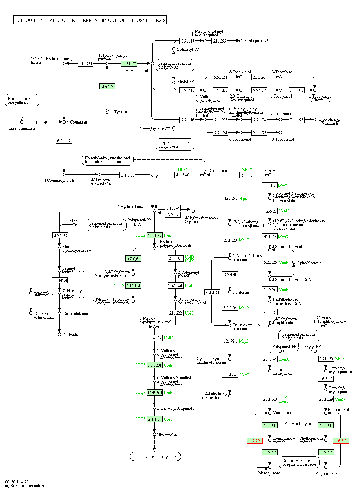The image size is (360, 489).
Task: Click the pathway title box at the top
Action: click(90, 20)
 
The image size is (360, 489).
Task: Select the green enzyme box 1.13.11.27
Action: click(129, 64)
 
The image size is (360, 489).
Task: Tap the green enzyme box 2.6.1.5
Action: click(107, 87)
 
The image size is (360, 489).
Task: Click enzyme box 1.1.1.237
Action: click(85, 64)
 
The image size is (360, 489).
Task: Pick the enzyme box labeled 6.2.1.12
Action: click(64, 141)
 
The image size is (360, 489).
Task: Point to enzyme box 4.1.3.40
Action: click(182, 175)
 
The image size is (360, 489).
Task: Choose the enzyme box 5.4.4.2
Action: click(247, 175)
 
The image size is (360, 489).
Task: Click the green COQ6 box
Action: click(133, 259)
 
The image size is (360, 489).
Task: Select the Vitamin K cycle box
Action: click(298, 424)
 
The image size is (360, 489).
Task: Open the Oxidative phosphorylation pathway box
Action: click(155, 457)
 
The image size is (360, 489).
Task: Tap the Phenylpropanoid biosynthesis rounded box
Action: click(22, 100)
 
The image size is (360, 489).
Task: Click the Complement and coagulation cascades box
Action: click(299, 462)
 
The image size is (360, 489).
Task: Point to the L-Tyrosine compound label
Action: click(119, 112)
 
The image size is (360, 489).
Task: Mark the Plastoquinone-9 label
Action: click(256, 41)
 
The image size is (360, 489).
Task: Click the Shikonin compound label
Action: click(70, 335)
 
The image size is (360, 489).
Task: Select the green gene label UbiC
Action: click(182, 170)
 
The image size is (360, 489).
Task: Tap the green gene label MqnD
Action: click(245, 375)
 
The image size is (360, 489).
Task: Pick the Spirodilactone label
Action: click(309, 263)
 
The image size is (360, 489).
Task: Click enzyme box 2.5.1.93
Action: click(60, 235)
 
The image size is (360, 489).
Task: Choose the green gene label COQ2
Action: click(140, 235)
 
